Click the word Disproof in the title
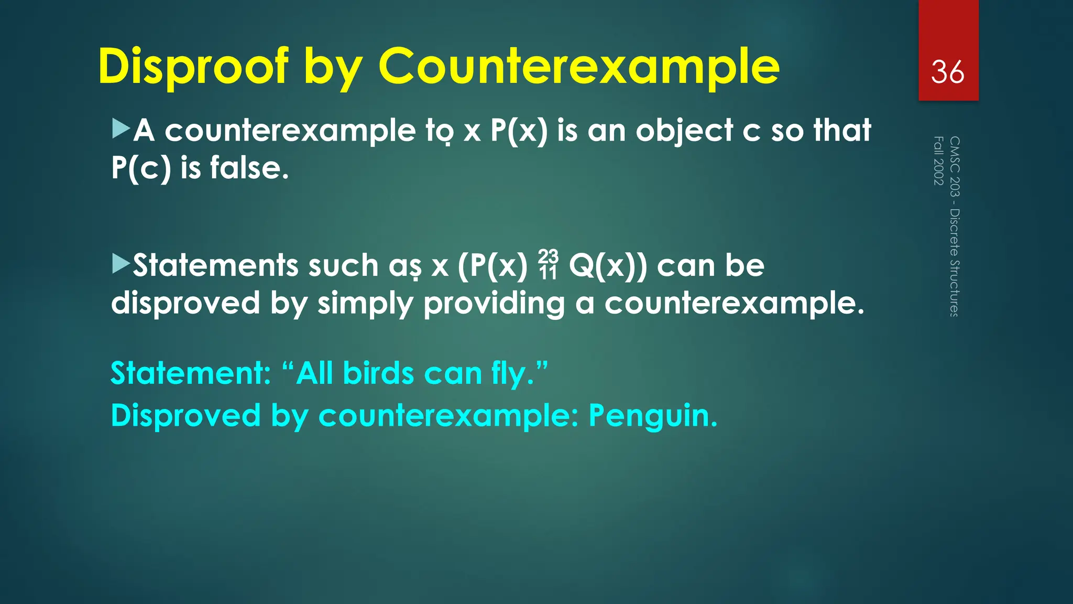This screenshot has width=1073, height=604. point(193,67)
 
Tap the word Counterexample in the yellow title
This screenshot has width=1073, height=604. point(578,67)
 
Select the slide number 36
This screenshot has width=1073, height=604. point(947,72)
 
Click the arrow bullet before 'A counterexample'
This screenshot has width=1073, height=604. point(121,128)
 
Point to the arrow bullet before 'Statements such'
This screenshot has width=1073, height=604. point(121,264)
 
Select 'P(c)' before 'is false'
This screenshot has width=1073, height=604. point(141,168)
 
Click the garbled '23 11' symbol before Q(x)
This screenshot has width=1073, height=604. point(548,265)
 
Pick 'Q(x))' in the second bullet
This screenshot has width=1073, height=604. point(608,266)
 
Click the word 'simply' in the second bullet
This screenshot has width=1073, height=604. point(365,304)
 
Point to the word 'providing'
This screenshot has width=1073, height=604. point(494,304)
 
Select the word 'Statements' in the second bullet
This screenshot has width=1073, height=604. point(215,265)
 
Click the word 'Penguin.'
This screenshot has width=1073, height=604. point(653,416)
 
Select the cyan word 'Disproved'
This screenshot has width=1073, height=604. point(185,416)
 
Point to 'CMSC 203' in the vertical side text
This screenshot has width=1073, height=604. point(955,166)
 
